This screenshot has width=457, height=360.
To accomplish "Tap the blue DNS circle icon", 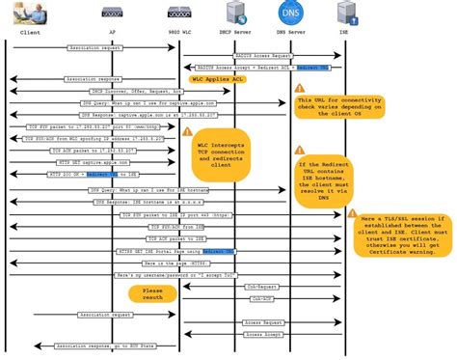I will coord(289,14).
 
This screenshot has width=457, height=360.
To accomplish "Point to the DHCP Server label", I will coord(234,32).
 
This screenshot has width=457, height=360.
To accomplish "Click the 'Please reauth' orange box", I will coord(152,294).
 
